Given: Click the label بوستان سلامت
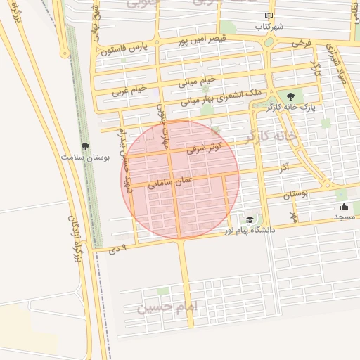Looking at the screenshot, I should (86, 158).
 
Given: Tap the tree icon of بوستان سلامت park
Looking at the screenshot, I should (86, 147).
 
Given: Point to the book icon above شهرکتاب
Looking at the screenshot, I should (269, 15).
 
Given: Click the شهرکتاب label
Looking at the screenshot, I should (269, 26).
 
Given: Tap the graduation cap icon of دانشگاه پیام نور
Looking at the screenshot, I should (250, 220).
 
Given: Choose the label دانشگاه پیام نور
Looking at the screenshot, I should (250, 230).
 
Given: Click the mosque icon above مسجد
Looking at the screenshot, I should (344, 207).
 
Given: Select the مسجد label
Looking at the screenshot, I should (344, 217).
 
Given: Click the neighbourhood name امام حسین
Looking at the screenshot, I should (169, 307).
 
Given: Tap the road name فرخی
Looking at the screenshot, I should (301, 44).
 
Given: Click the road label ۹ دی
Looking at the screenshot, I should (118, 249).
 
